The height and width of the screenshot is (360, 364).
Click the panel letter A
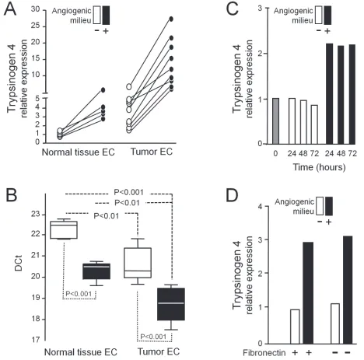point(10,9)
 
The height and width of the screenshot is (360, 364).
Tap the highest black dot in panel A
point(171,19)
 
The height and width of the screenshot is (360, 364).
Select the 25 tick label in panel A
point(36,26)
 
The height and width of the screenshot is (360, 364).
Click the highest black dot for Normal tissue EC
point(103,90)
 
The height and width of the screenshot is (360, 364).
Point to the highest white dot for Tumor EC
point(129,86)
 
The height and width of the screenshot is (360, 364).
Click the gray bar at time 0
point(276,121)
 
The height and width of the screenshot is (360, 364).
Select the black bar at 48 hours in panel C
point(341,95)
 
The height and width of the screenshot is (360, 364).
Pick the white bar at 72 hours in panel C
point(314,124)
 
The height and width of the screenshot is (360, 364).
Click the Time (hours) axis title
point(320,167)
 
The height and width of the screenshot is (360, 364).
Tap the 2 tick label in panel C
point(260,54)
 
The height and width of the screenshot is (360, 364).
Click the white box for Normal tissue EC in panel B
point(64,230)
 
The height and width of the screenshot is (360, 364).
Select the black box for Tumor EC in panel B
point(171,304)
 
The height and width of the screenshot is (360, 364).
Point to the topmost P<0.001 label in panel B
point(128,192)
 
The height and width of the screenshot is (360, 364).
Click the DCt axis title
point(19,263)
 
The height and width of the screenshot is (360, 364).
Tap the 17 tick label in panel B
point(36,340)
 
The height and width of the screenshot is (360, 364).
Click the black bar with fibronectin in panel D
point(309,293)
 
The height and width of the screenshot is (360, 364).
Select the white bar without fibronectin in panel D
point(335,323)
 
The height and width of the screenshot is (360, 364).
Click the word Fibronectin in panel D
point(264,353)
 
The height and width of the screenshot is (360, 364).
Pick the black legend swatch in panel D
point(329,206)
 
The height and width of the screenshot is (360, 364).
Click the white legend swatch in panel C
point(319,16)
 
